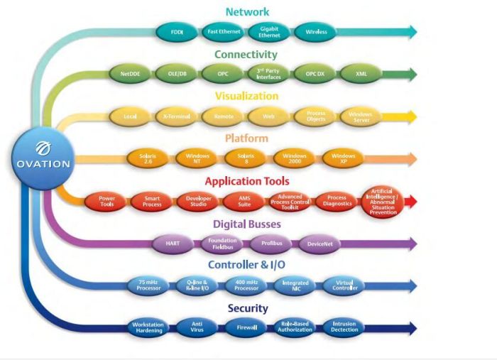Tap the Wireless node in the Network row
pyautogui.click(x=315, y=32)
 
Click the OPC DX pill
pyautogui.click(x=315, y=73)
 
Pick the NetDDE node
pyautogui.click(x=129, y=73)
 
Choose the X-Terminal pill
pyautogui.click(x=175, y=116)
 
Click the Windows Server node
pyautogui.click(x=360, y=116)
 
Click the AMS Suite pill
pyautogui.click(x=244, y=202)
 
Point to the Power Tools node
pyautogui.click(x=107, y=202)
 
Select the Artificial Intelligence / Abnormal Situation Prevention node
pyautogui.click(x=383, y=202)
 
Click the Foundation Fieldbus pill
pyautogui.click(x=223, y=244)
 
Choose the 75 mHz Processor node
pyautogui.click(x=148, y=286)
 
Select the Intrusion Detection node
pyautogui.click(x=344, y=328)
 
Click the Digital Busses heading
pyautogui.click(x=247, y=224)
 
